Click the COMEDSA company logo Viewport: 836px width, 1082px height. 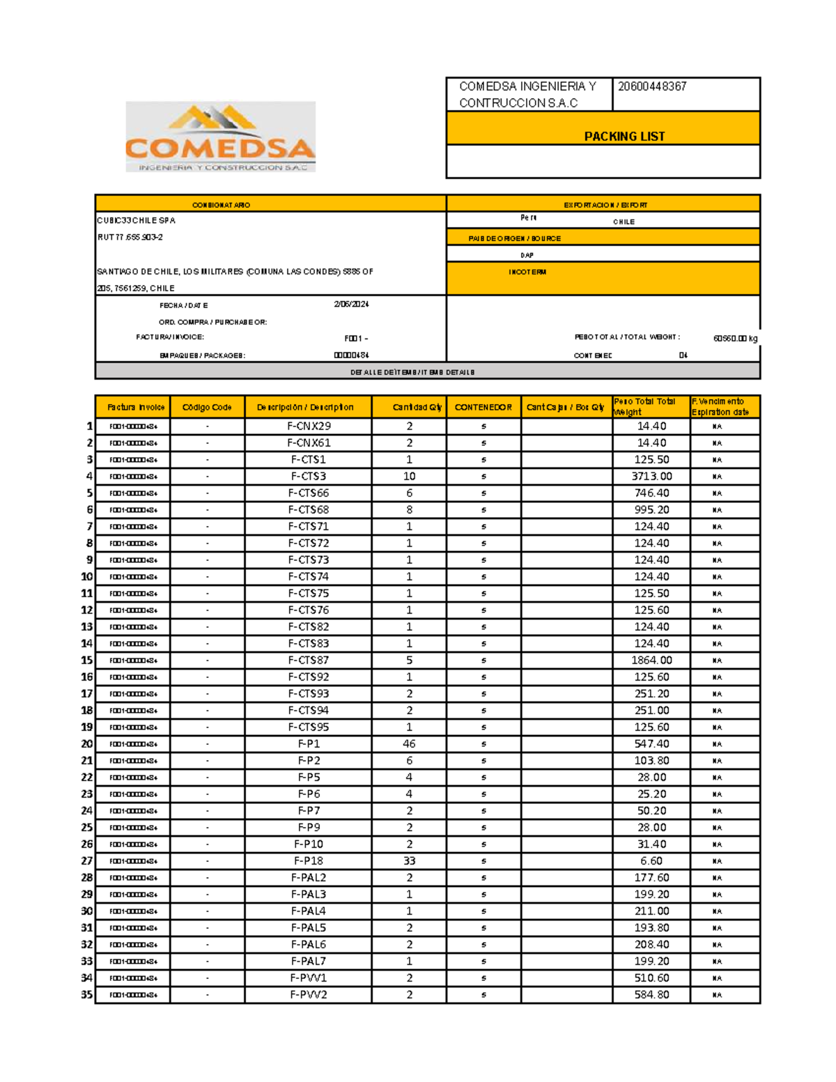220,137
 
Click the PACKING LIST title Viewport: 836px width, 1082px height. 624,137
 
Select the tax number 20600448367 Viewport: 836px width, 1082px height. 652,86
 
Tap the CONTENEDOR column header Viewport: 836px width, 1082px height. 483,408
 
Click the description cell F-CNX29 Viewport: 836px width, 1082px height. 309,426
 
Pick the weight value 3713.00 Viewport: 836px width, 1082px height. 651,477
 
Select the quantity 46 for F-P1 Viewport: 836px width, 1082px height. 409,744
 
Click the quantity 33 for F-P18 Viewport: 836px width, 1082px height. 409,861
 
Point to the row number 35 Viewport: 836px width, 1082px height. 86,995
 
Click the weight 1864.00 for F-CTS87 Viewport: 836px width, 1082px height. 651,660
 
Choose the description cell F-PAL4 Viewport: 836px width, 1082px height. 309,911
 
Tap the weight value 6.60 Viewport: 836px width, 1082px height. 651,861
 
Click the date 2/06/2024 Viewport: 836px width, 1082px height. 351,304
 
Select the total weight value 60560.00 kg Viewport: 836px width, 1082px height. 735,339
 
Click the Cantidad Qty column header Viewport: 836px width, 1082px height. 417,408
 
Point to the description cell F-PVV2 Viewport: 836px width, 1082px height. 309,995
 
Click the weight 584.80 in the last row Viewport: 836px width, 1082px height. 651,995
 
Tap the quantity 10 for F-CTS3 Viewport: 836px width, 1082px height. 409,477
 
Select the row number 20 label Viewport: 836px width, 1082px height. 86,744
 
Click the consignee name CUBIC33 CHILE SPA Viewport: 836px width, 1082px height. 137,221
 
